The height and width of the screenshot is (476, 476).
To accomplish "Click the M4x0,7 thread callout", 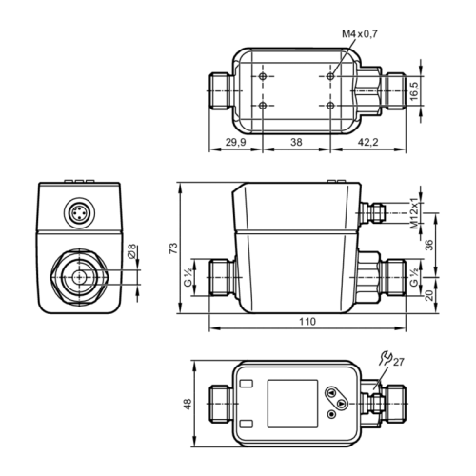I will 359,35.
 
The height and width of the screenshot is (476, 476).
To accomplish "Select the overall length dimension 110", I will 307,323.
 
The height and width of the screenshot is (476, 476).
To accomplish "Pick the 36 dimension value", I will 429,244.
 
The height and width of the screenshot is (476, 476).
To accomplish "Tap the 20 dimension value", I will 429,294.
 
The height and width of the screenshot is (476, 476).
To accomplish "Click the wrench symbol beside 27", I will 384,358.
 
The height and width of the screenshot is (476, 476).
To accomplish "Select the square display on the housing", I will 288,401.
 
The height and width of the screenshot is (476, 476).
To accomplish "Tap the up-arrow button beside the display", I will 332,392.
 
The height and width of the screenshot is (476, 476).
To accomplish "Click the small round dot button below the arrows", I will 331,414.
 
